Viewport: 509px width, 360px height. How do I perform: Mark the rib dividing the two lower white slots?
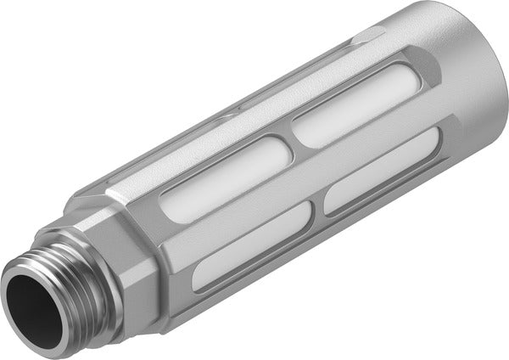tap(318, 204)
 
